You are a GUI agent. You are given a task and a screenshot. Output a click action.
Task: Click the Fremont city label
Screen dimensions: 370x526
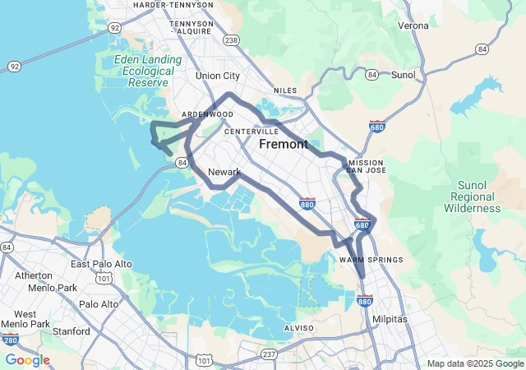(x=284, y=145)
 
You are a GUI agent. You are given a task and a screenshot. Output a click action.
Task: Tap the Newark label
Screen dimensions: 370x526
(x=224, y=172)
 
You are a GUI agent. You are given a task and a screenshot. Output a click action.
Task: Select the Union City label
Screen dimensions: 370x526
(x=218, y=76)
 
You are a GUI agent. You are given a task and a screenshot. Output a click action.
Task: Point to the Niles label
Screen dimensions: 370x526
(x=284, y=90)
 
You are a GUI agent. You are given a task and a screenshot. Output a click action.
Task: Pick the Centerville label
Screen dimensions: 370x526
(x=251, y=132)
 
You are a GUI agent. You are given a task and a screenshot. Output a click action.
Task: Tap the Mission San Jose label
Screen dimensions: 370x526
(x=366, y=167)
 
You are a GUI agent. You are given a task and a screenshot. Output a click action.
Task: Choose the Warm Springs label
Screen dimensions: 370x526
(x=371, y=260)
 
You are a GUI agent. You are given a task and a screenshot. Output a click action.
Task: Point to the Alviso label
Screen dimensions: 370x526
(x=298, y=327)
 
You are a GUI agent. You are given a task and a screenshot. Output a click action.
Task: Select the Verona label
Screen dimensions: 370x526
(x=413, y=25)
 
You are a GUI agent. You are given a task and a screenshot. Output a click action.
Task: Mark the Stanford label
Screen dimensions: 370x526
(x=70, y=331)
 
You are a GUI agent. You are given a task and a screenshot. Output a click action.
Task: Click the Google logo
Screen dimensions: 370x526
(x=27, y=360)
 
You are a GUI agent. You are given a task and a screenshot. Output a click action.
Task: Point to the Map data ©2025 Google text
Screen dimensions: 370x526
(x=475, y=363)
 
